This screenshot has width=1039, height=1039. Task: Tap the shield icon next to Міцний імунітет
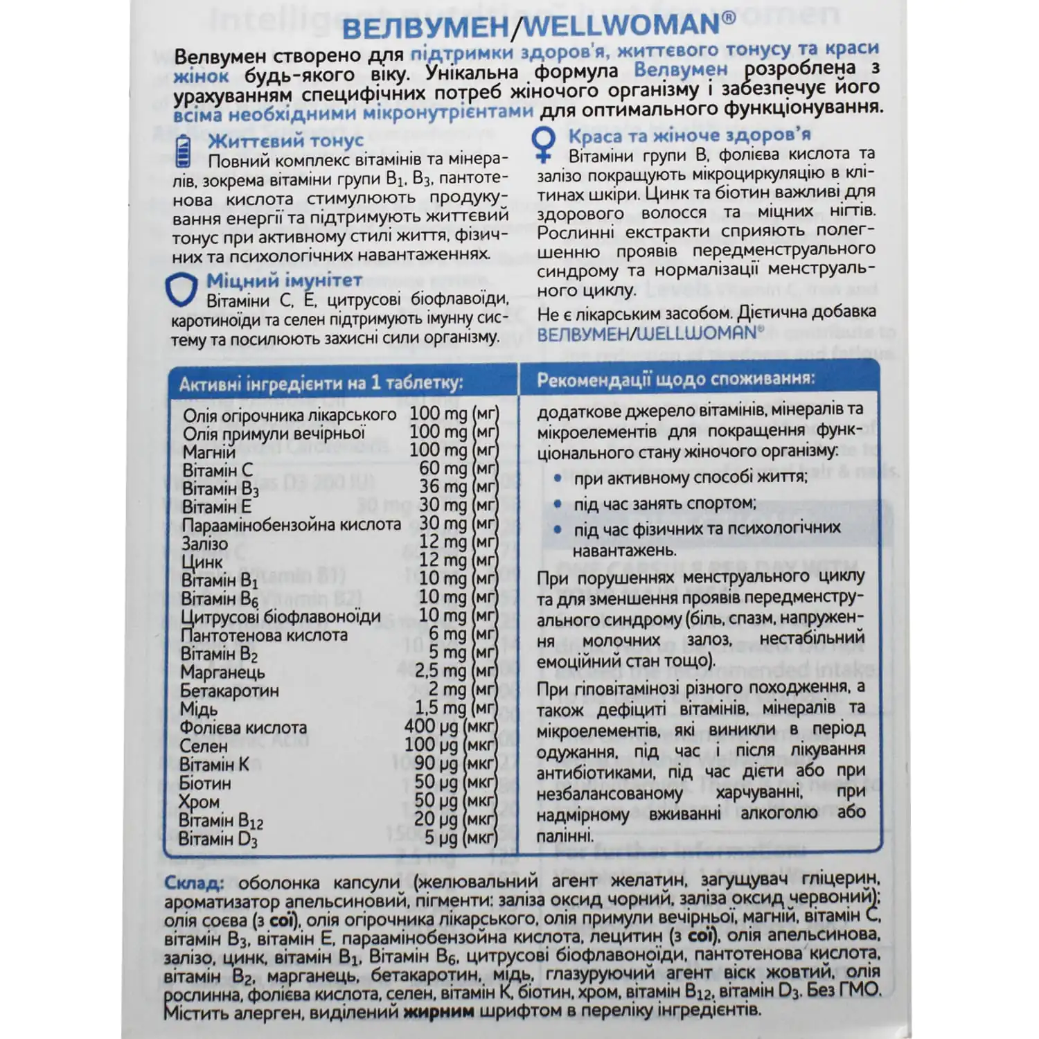[181, 290]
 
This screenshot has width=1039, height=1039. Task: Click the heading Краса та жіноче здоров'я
[689, 135]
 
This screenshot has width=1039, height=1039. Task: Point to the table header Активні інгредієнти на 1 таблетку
[321, 384]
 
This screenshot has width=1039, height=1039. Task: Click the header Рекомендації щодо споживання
[675, 380]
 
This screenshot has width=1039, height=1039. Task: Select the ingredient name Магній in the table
[209, 452]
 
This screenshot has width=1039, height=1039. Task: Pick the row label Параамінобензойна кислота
[292, 525]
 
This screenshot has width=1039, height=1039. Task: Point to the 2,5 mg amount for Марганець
[441, 671]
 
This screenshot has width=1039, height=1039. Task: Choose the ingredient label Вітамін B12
[221, 822]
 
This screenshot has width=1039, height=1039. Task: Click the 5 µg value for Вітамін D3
[441, 838]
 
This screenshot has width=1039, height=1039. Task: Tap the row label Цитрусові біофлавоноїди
[281, 616]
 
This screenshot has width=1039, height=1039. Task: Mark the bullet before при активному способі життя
[558, 478]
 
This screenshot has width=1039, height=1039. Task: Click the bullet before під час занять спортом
[558, 504]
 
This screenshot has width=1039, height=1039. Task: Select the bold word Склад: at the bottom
[193, 883]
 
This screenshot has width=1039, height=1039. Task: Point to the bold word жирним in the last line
[438, 1010]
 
